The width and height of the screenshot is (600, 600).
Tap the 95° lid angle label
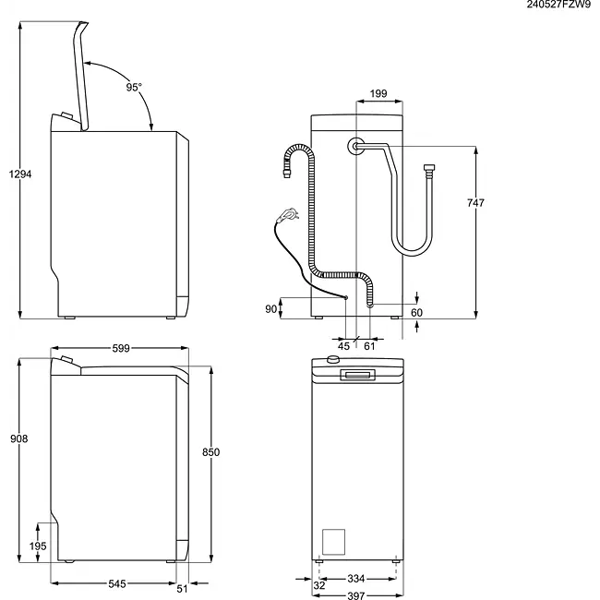(134, 87)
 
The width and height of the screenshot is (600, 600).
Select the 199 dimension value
(378, 93)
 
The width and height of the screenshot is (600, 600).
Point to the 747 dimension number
(475, 202)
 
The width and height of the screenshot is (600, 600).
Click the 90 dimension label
(270, 309)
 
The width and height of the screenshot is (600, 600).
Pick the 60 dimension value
(416, 313)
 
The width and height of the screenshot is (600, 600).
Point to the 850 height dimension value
(210, 451)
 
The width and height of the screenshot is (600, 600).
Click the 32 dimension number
(318, 584)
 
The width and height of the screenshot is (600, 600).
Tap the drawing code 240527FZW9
(559, 6)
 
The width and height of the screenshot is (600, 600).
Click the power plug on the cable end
(291, 215)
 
